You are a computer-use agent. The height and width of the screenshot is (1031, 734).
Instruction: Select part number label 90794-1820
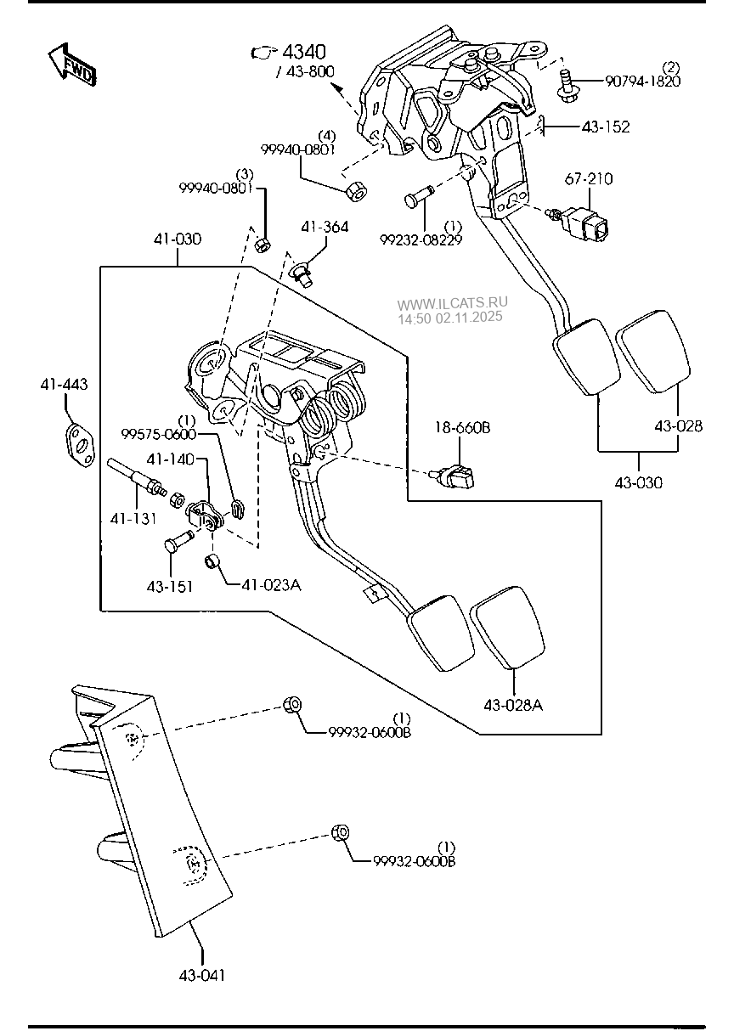[642, 82]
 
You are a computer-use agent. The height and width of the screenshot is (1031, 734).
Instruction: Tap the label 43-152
[606, 127]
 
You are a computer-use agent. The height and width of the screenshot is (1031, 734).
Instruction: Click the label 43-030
[638, 482]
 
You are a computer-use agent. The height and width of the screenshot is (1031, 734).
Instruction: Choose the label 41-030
[178, 239]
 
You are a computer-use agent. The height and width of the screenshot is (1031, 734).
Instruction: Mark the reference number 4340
[303, 53]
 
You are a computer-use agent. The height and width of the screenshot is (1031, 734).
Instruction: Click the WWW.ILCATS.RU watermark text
[452, 302]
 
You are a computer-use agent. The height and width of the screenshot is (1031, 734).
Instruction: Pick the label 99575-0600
[158, 433]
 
